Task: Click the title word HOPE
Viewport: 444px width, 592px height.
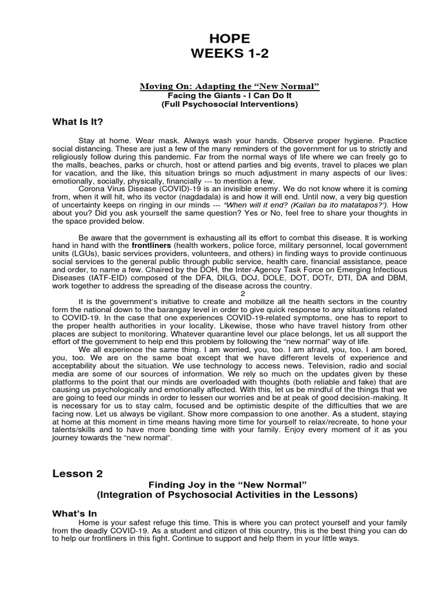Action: click(230, 39)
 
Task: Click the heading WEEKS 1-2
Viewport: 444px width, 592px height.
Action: click(230, 54)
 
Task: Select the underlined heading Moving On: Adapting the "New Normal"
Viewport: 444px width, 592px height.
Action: click(230, 86)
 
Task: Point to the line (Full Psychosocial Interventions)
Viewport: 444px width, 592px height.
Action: click(230, 104)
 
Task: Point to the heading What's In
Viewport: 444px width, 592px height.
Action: click(75, 513)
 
